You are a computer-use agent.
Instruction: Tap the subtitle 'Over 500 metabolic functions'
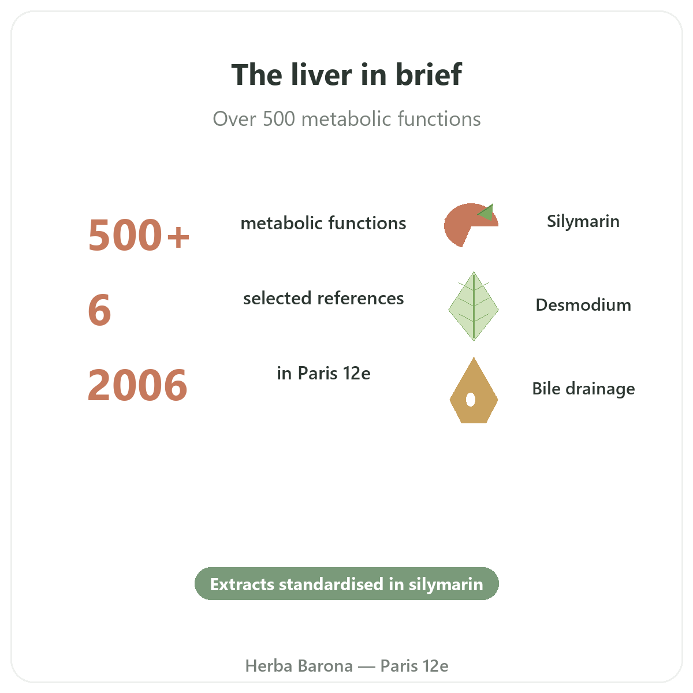click(346, 119)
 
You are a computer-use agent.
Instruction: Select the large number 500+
click(139, 235)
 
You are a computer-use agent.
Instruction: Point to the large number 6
click(99, 310)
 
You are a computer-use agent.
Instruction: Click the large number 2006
click(137, 385)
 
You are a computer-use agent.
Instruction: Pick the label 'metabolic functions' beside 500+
click(323, 223)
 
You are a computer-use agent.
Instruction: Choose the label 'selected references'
click(323, 298)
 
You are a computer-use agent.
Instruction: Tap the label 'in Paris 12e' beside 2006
click(323, 373)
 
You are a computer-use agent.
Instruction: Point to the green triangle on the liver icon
click(487, 213)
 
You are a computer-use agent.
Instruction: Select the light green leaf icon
click(474, 306)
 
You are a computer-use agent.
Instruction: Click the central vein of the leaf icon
click(474, 306)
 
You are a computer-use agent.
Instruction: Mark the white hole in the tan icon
click(471, 400)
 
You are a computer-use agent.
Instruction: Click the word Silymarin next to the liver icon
click(583, 221)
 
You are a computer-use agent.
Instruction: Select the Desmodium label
click(583, 305)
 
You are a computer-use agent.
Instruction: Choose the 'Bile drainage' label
click(583, 389)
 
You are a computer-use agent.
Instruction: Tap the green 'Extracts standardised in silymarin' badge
click(346, 583)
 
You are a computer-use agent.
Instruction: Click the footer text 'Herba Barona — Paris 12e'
click(346, 666)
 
